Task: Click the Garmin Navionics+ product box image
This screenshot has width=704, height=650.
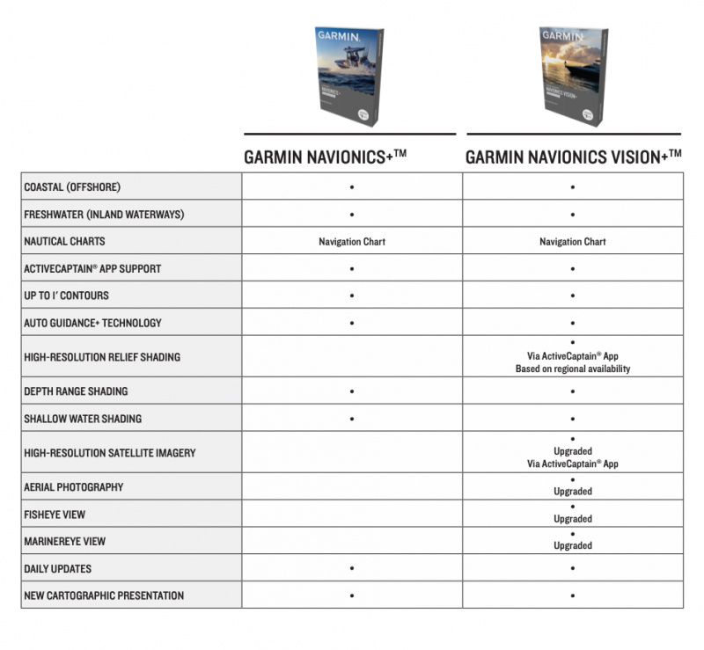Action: pos(348,76)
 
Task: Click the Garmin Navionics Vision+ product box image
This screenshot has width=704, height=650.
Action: pos(573,76)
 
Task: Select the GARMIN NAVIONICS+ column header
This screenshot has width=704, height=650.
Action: pos(325,157)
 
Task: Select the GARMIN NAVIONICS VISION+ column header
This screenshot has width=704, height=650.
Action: pos(573,157)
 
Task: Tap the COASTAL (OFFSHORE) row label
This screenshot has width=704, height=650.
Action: pos(72,187)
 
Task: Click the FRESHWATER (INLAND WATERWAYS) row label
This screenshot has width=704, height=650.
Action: pos(104,215)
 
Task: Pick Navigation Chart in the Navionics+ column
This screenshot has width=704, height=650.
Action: pos(352,242)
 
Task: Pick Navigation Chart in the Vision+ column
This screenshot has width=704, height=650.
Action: pos(573,242)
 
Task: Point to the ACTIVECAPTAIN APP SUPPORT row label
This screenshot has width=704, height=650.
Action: pos(92,269)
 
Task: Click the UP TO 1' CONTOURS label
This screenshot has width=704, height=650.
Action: pos(67,296)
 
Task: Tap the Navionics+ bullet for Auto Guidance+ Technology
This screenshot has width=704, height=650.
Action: pos(352,323)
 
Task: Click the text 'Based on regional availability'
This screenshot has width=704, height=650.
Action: pos(573,369)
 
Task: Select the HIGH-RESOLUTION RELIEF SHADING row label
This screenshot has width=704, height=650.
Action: pos(102,357)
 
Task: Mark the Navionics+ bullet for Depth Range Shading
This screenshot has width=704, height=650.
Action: pos(352,391)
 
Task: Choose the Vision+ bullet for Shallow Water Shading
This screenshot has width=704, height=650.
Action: pos(573,419)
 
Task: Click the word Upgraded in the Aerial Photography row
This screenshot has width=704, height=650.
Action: pos(573,492)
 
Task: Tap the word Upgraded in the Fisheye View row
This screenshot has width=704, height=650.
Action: pos(573,519)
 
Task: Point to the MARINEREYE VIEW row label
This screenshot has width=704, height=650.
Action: pos(64,541)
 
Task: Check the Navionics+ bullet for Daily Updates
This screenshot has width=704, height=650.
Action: pos(352,568)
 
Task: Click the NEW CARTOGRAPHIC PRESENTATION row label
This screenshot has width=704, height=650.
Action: pos(104,595)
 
